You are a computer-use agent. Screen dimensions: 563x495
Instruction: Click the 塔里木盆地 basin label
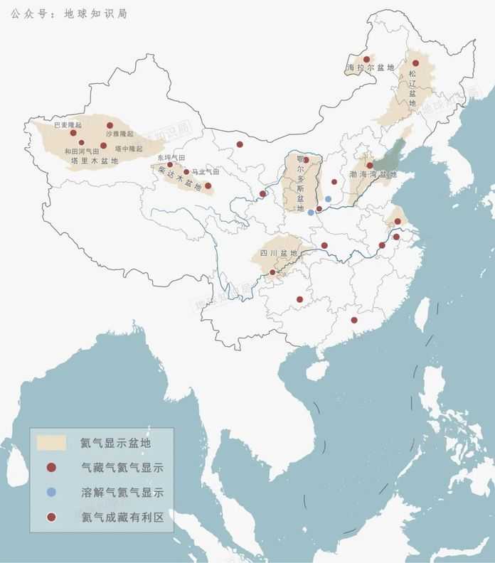(99, 161)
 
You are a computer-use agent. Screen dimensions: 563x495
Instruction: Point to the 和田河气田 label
(82, 151)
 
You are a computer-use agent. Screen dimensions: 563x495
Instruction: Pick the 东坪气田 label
(171, 157)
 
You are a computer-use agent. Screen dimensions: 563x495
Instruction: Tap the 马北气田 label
(206, 172)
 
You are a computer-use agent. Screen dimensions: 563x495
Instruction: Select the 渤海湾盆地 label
(373, 174)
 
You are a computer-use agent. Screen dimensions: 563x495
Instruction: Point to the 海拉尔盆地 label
(370, 68)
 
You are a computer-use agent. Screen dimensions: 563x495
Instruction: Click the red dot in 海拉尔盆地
(367, 60)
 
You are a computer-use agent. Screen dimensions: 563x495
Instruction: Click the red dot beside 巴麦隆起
(73, 133)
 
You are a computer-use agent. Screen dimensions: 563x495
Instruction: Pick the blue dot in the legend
(51, 492)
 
